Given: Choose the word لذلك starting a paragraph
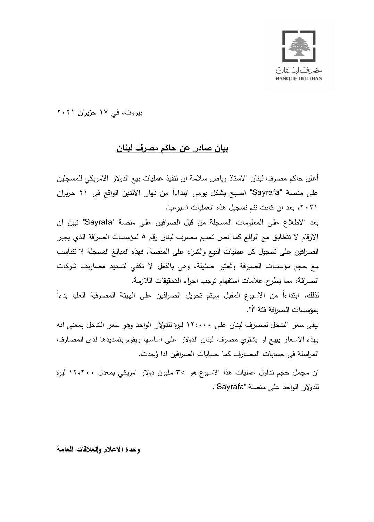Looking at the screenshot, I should pyautogui.click(x=312, y=295).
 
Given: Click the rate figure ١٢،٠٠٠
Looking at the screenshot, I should pyautogui.click(x=199, y=325).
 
